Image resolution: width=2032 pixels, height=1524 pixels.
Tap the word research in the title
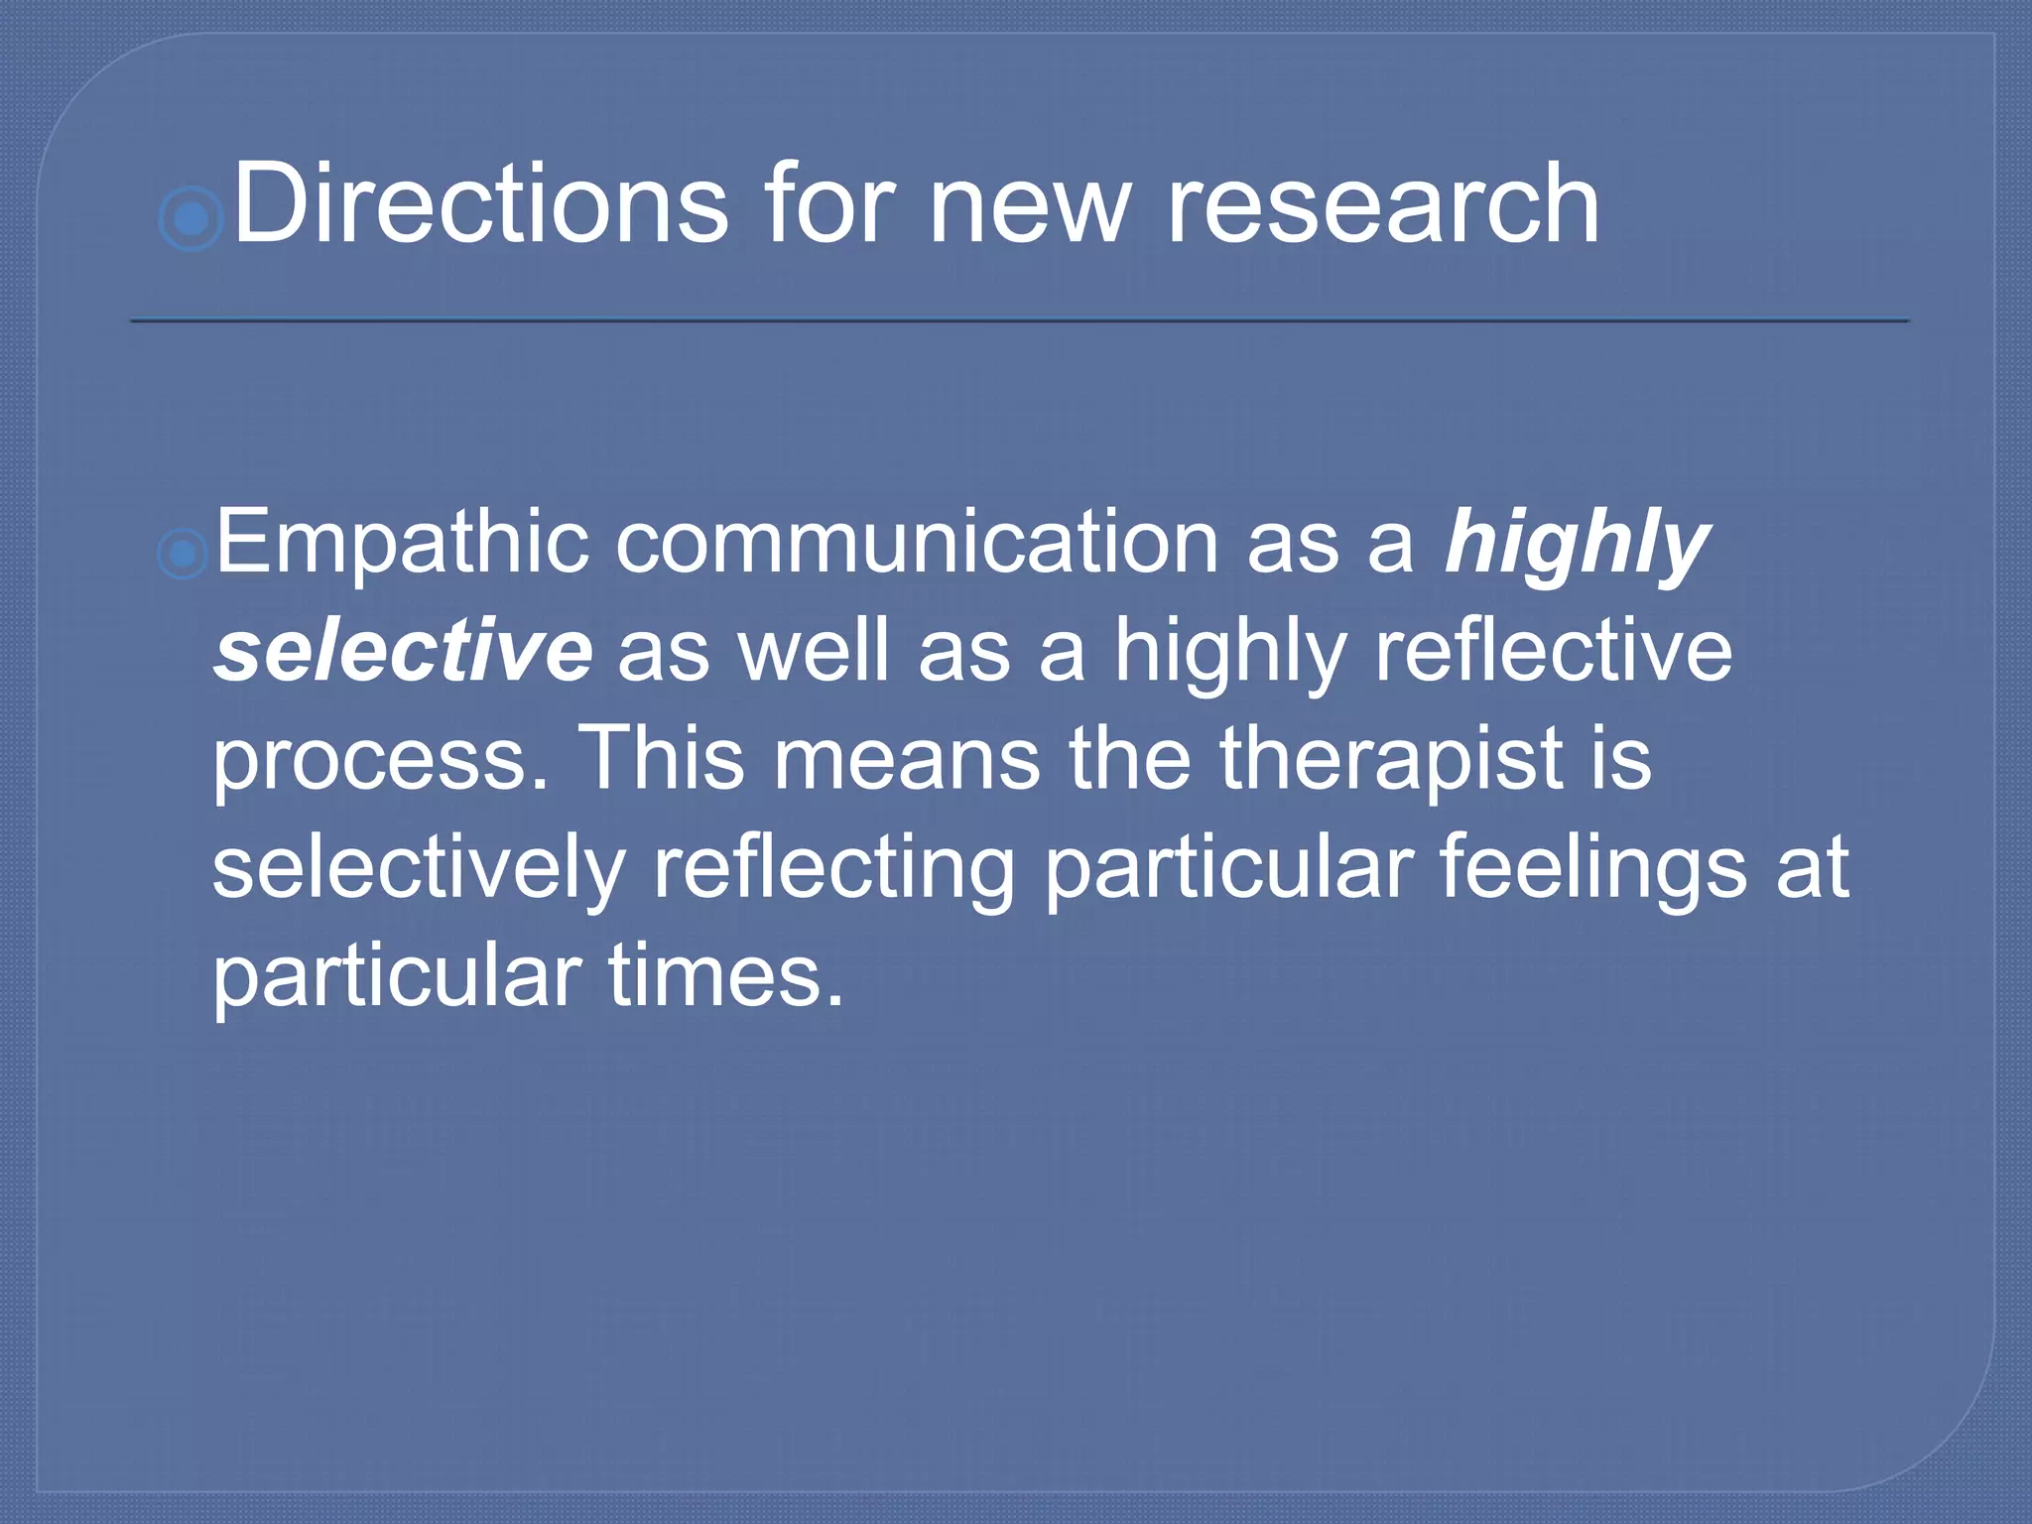1382,203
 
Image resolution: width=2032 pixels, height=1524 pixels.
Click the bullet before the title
190,218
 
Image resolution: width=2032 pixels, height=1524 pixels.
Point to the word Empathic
402,544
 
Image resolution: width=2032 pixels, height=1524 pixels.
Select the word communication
917,544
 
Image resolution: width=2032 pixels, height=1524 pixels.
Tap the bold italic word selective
403,652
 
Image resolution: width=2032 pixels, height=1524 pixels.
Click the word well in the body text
813,652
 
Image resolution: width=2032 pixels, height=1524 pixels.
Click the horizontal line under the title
1019,320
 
